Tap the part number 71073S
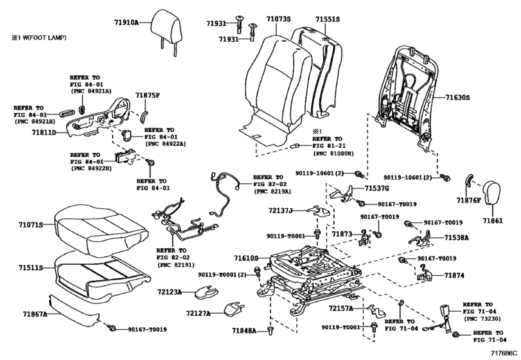click(x=278, y=19)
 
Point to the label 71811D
click(x=44, y=132)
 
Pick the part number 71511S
click(x=31, y=267)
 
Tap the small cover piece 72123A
click(x=206, y=292)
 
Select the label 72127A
click(x=199, y=313)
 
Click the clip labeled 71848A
click(x=269, y=330)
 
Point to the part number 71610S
click(x=246, y=258)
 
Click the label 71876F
click(x=468, y=200)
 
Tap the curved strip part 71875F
click(x=143, y=116)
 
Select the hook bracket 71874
click(x=424, y=274)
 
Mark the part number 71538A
click(x=457, y=237)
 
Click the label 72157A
click(x=341, y=309)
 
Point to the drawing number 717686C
click(x=504, y=353)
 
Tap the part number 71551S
click(x=328, y=19)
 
